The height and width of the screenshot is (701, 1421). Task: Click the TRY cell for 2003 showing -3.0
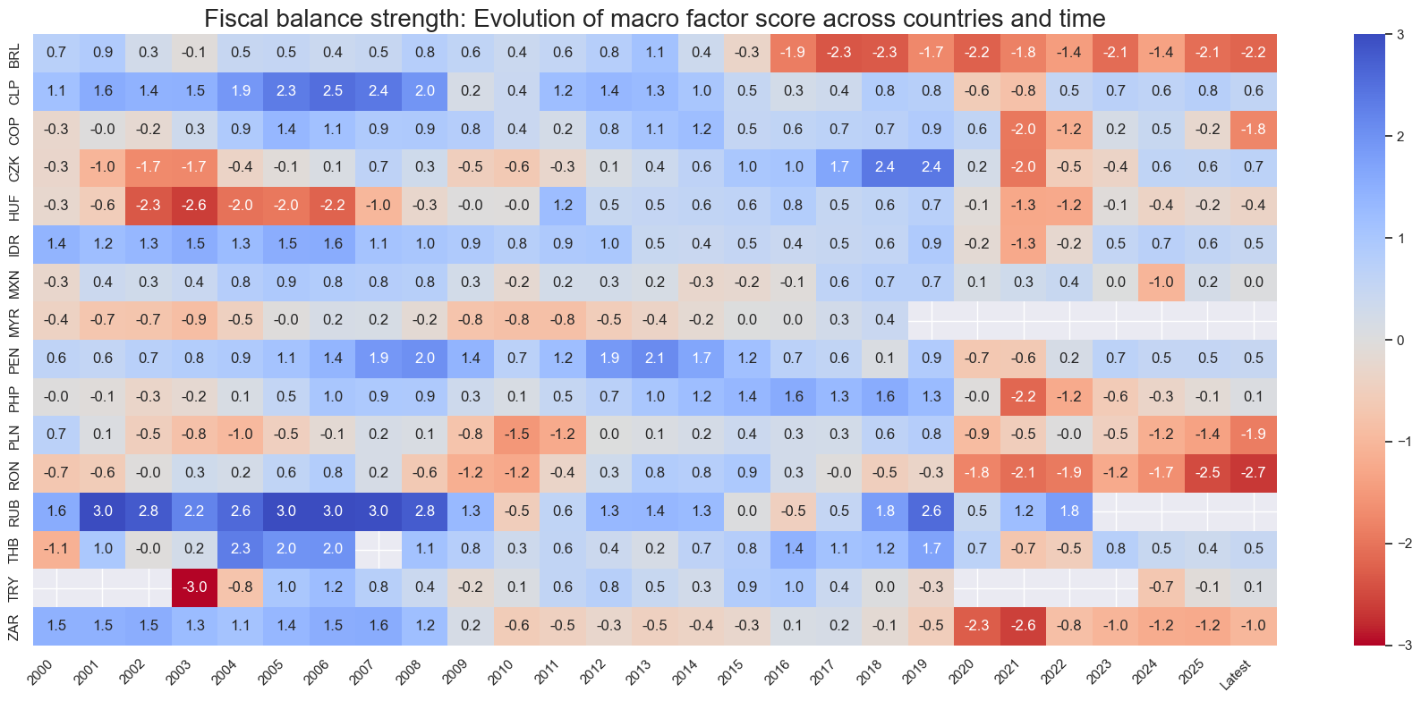pos(194,587)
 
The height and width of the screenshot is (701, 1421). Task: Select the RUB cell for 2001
pos(103,511)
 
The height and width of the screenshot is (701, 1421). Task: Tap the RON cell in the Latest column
pos(1254,472)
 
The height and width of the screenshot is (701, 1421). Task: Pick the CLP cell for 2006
pos(333,90)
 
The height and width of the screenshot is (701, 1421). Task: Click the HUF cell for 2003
pos(194,205)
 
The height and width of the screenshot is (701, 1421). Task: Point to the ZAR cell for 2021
pos(1024,625)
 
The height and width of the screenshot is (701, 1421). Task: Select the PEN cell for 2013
pos(655,358)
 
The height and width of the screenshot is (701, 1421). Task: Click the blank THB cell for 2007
pos(379,549)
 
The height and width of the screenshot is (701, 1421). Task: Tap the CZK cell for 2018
pos(885,166)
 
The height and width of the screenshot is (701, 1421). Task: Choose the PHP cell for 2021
pos(1024,396)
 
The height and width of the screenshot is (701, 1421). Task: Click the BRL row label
pos(14,53)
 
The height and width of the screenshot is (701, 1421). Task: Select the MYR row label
pos(14,320)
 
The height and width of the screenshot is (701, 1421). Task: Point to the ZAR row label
pos(14,625)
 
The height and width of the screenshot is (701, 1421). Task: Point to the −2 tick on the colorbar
pos(1400,543)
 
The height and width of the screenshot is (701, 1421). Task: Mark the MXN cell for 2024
pos(1161,282)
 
